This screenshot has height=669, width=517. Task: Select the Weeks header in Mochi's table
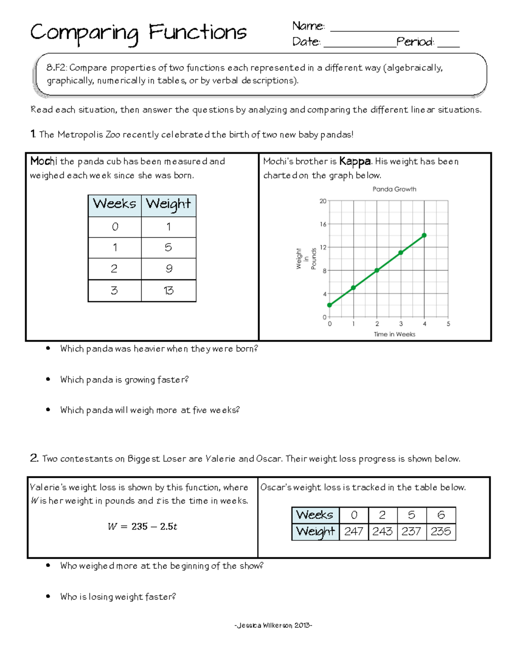tap(115, 204)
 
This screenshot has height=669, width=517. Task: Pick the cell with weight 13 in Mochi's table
tap(168, 291)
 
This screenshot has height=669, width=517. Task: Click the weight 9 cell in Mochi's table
tap(168, 269)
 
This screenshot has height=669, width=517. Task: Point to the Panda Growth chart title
tap(394, 189)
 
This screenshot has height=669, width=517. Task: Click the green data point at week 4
tap(424, 235)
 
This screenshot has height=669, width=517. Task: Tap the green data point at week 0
tap(330, 305)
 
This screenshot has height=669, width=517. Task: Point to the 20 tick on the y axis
tap(323, 201)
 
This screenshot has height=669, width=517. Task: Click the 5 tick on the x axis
tap(448, 324)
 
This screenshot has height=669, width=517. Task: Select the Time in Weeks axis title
tap(394, 334)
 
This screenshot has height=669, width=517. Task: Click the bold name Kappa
tap(355, 162)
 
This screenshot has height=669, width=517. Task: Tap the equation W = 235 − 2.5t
tap(142, 526)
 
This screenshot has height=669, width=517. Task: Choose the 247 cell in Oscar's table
tap(354, 532)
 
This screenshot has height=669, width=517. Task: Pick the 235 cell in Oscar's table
tap(441, 532)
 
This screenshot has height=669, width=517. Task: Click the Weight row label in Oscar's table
tap(315, 532)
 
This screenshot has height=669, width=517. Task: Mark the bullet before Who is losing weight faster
tap(48, 596)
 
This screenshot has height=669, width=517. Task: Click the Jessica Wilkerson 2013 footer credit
tap(273, 625)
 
